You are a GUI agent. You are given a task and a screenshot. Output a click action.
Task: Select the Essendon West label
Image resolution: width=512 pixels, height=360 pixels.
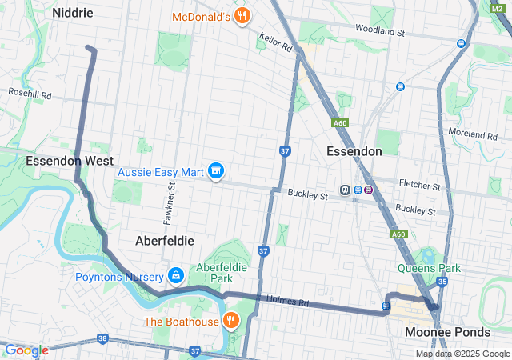click(x=70, y=161)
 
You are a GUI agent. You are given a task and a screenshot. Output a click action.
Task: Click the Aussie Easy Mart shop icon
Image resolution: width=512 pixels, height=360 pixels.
click(x=215, y=171)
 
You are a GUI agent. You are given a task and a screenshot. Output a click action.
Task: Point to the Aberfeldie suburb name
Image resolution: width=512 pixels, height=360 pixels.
click(x=164, y=240)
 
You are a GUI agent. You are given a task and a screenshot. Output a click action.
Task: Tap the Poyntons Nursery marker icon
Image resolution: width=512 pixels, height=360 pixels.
click(x=175, y=276)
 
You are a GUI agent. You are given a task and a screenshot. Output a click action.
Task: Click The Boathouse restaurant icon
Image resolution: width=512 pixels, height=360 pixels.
click(x=231, y=322)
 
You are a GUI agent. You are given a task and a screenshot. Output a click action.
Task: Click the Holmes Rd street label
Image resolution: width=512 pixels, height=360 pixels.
click(x=292, y=302)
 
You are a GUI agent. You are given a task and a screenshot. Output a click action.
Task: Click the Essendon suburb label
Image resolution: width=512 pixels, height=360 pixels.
click(x=354, y=151)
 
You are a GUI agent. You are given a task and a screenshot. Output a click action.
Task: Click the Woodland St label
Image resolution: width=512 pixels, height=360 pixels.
click(x=410, y=32)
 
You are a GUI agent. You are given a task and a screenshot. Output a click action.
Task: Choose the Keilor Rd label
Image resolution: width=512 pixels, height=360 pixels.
click(x=275, y=42)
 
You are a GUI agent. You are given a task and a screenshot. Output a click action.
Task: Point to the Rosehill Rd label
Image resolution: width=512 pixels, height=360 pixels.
click(x=30, y=94)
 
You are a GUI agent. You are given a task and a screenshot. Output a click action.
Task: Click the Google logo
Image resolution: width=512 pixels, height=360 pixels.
click(x=26, y=350)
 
